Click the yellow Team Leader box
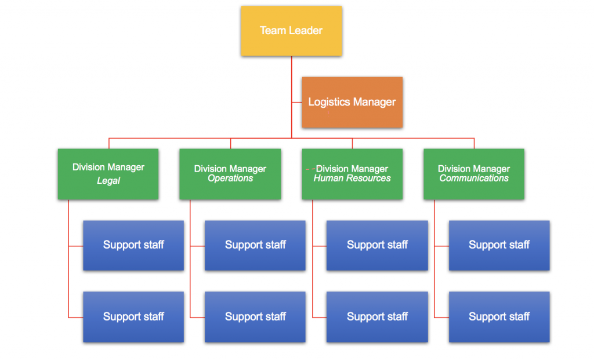[291, 31]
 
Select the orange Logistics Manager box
[352, 102]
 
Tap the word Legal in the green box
[108, 181]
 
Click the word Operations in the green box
[230, 179]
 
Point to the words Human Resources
[352, 179]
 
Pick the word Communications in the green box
[474, 179]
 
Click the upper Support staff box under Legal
[133, 245]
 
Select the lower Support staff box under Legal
[133, 317]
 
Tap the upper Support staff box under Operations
[255, 245]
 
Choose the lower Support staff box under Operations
[255, 317]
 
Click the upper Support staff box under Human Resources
[377, 245]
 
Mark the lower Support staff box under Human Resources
[377, 317]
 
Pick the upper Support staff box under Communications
[499, 245]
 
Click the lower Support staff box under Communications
[499, 317]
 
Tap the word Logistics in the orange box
[329, 102]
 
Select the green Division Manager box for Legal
[108, 174]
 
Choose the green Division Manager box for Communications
[474, 174]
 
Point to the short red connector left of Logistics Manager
[296, 103]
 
